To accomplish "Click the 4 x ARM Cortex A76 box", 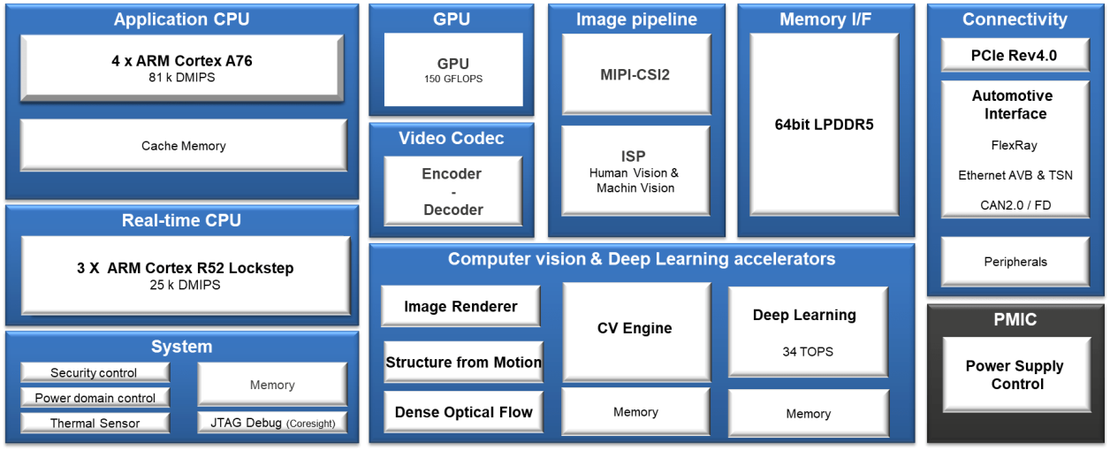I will click(182, 67).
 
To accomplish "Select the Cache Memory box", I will click(183, 145).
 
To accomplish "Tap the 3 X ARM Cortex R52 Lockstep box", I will click(185, 275).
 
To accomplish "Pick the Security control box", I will click(95, 373).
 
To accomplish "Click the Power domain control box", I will click(95, 398).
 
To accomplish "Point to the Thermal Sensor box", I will click(95, 423).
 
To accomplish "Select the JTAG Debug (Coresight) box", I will click(272, 423).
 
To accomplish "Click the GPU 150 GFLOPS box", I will click(453, 70).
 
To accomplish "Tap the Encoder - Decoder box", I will click(452, 191).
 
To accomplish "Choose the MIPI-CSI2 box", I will click(635, 74).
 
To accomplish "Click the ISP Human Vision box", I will click(635, 170).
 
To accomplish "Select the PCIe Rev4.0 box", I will click(1014, 55).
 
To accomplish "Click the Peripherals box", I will click(1015, 262).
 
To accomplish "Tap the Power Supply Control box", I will click(1015, 375).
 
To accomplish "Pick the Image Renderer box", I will click(460, 307).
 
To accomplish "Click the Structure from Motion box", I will click(463, 362).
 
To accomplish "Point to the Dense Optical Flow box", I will click(463, 412).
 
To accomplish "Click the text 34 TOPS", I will click(808, 351).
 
